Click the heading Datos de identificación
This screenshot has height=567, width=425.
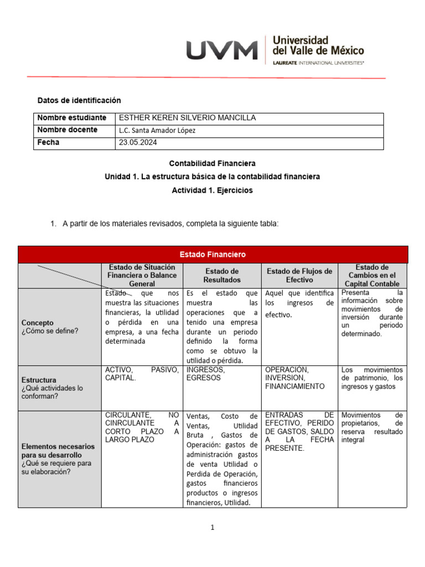pos(79,100)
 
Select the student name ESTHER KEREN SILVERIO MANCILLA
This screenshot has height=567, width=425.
pos(180,118)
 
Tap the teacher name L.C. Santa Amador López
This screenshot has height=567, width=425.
pos(157,131)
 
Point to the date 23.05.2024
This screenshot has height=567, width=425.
pos(138,143)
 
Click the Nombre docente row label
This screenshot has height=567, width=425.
pos(67,130)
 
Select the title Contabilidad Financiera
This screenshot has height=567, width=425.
pos(212,164)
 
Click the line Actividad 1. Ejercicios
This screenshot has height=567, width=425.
pos(212,190)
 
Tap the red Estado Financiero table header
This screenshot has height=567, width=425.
pos(212,255)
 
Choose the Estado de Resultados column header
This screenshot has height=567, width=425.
pos(222,275)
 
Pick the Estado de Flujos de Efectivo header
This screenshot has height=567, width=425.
pos(299,275)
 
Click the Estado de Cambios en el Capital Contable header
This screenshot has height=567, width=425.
pos(372,275)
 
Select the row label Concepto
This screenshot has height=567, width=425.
pos(38,322)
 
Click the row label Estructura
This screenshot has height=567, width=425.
pos(39,380)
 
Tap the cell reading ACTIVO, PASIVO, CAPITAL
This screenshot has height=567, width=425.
pos(142,374)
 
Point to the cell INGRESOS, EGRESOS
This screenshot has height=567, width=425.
pos(206,374)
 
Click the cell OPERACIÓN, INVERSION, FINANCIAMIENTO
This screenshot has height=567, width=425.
pos(294,378)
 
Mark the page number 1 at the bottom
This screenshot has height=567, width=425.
pos(212,528)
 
